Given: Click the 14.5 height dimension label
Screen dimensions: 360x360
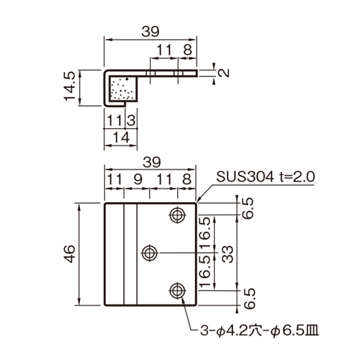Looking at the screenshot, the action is coord(70,86).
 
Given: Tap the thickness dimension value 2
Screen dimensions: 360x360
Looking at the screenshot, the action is coord(225,73).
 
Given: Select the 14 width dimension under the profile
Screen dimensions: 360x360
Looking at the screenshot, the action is coord(122,138).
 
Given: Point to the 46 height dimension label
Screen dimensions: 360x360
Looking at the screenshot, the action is coord(70,254).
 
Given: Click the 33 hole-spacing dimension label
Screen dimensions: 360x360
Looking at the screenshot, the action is coord(228,254).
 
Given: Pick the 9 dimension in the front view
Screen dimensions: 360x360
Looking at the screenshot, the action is coord(138,179).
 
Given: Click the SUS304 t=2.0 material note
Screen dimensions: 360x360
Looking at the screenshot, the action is coord(265,177).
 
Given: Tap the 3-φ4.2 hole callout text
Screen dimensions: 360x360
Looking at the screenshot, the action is coord(260,331).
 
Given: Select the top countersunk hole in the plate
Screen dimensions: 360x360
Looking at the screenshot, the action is coord(177,215).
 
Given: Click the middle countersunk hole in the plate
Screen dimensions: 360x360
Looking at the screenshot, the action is coord(150,253).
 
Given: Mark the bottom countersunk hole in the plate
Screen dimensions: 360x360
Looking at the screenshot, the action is coord(177,291).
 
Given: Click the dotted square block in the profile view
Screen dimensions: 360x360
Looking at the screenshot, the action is coord(124,88).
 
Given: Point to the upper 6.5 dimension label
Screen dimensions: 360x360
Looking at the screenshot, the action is coord(248,208).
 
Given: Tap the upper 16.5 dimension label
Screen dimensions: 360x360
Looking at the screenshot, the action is coord(204,233).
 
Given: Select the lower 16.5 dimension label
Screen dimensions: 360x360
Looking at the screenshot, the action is coord(204,271).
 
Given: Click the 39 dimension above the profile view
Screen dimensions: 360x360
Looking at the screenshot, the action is coord(150,32).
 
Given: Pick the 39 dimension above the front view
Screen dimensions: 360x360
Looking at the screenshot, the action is coord(152,162).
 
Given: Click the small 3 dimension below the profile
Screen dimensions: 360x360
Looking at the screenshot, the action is coord(131,120).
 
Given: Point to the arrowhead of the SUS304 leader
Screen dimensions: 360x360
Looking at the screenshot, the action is coord(198,201).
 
